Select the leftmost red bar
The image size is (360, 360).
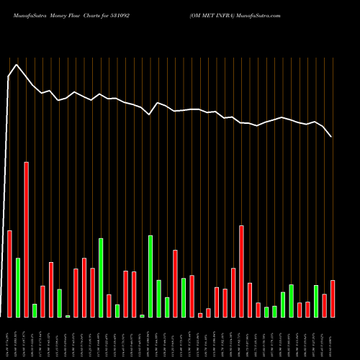click(x=9, y=274)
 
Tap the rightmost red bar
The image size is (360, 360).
click(x=333, y=298)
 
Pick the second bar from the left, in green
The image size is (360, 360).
click(x=18, y=287)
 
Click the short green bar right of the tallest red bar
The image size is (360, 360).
click(x=35, y=310)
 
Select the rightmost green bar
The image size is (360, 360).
click(x=316, y=301)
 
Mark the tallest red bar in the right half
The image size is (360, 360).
click(x=242, y=271)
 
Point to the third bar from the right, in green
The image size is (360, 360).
click(x=316, y=301)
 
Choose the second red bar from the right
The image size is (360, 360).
click(x=325, y=305)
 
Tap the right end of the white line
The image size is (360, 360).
click(x=332, y=136)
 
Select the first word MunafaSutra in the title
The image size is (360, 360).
click(x=28, y=14)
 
